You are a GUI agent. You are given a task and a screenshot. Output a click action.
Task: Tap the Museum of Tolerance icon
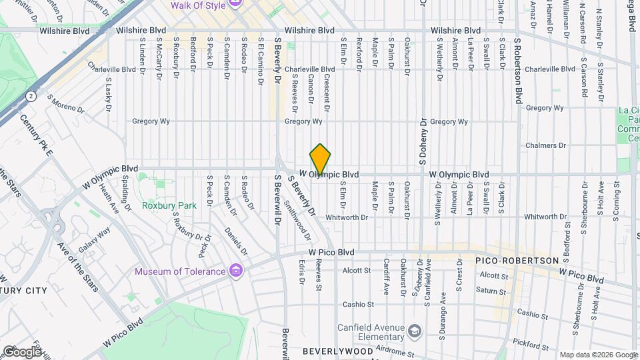coord(235,271)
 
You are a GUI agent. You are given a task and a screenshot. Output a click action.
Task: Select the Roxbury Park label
coord(169,205)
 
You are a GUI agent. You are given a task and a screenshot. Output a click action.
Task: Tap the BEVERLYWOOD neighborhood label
coord(337,351)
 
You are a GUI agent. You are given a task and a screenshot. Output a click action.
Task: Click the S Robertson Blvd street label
coord(517,70)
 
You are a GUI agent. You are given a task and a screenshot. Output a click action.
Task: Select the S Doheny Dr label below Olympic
coord(423,143)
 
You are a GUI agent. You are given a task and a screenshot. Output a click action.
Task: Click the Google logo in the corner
coord(21,351)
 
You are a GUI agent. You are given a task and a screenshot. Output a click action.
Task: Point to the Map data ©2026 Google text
coord(598,355)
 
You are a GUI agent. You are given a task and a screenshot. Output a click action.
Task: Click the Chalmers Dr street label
coord(545,145)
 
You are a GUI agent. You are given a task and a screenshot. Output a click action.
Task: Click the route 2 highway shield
coord(31,96)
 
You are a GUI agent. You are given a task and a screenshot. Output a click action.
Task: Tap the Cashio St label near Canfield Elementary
coord(359,304)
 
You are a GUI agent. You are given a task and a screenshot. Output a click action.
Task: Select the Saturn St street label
coord(491,290)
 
